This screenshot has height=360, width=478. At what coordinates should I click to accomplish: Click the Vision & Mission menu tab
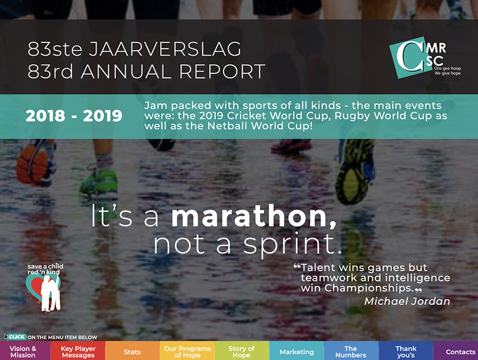(x=23, y=351)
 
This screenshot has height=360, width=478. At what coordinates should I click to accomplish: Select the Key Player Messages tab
(x=78, y=351)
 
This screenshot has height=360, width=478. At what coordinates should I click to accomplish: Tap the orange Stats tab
(x=132, y=351)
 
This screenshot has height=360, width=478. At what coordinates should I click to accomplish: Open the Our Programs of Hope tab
(x=187, y=351)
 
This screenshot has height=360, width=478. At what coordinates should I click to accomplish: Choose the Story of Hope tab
(x=241, y=351)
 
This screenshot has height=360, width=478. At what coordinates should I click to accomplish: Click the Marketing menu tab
(x=297, y=351)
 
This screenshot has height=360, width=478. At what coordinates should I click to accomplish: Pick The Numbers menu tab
(x=351, y=351)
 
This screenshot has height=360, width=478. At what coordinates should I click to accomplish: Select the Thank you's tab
(x=406, y=351)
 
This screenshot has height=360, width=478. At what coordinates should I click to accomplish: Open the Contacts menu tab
(x=456, y=351)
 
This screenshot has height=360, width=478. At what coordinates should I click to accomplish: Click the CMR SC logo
(x=424, y=58)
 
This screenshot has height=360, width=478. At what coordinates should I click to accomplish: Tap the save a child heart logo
(x=45, y=288)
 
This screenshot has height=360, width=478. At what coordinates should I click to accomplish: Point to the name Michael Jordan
(x=407, y=301)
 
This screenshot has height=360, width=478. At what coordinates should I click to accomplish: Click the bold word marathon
(x=254, y=216)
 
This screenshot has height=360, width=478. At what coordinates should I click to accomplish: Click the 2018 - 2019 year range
(x=74, y=116)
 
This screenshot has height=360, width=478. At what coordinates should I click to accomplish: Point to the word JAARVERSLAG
(x=165, y=49)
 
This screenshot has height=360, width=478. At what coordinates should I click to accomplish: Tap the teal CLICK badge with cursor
(x=15, y=337)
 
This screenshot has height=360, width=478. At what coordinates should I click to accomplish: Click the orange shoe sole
(x=33, y=164)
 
